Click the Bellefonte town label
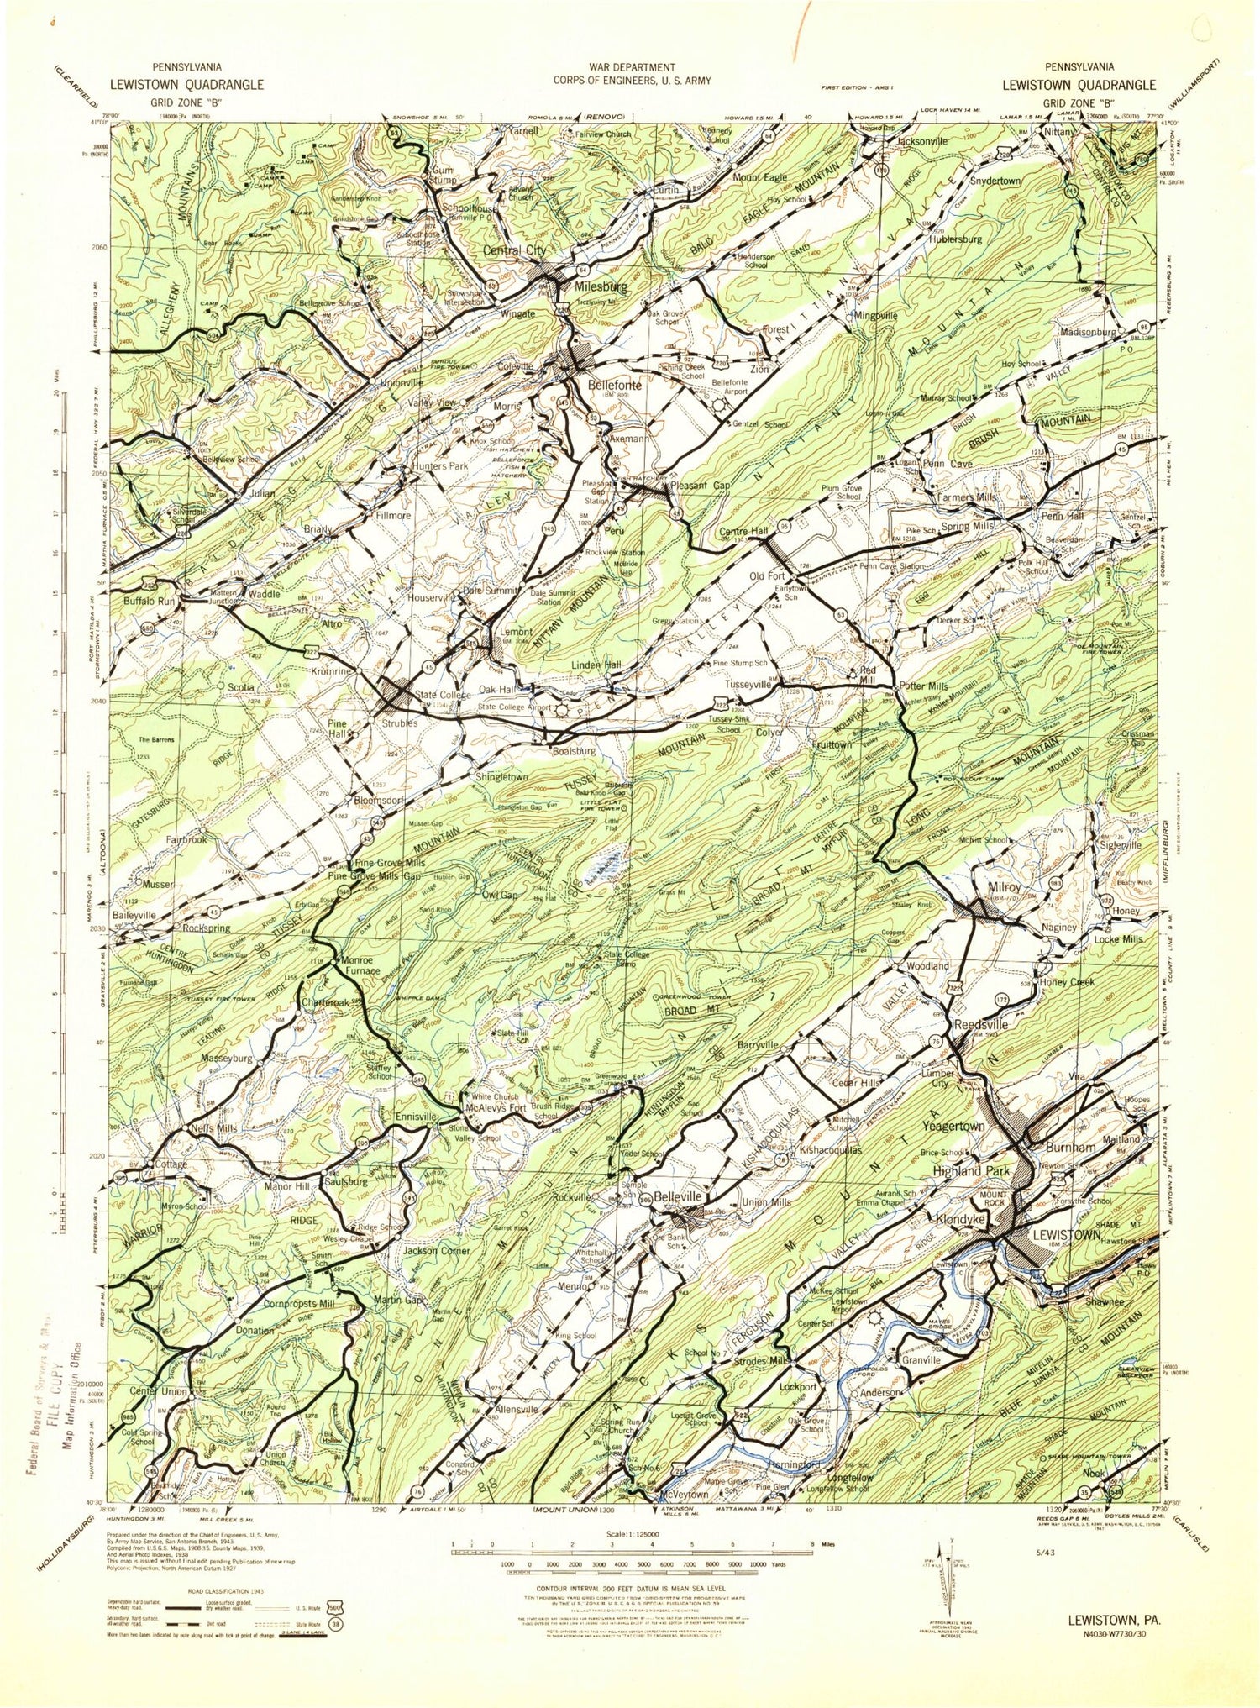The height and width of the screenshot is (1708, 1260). coord(614,386)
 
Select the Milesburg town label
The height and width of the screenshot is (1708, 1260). coord(601,286)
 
